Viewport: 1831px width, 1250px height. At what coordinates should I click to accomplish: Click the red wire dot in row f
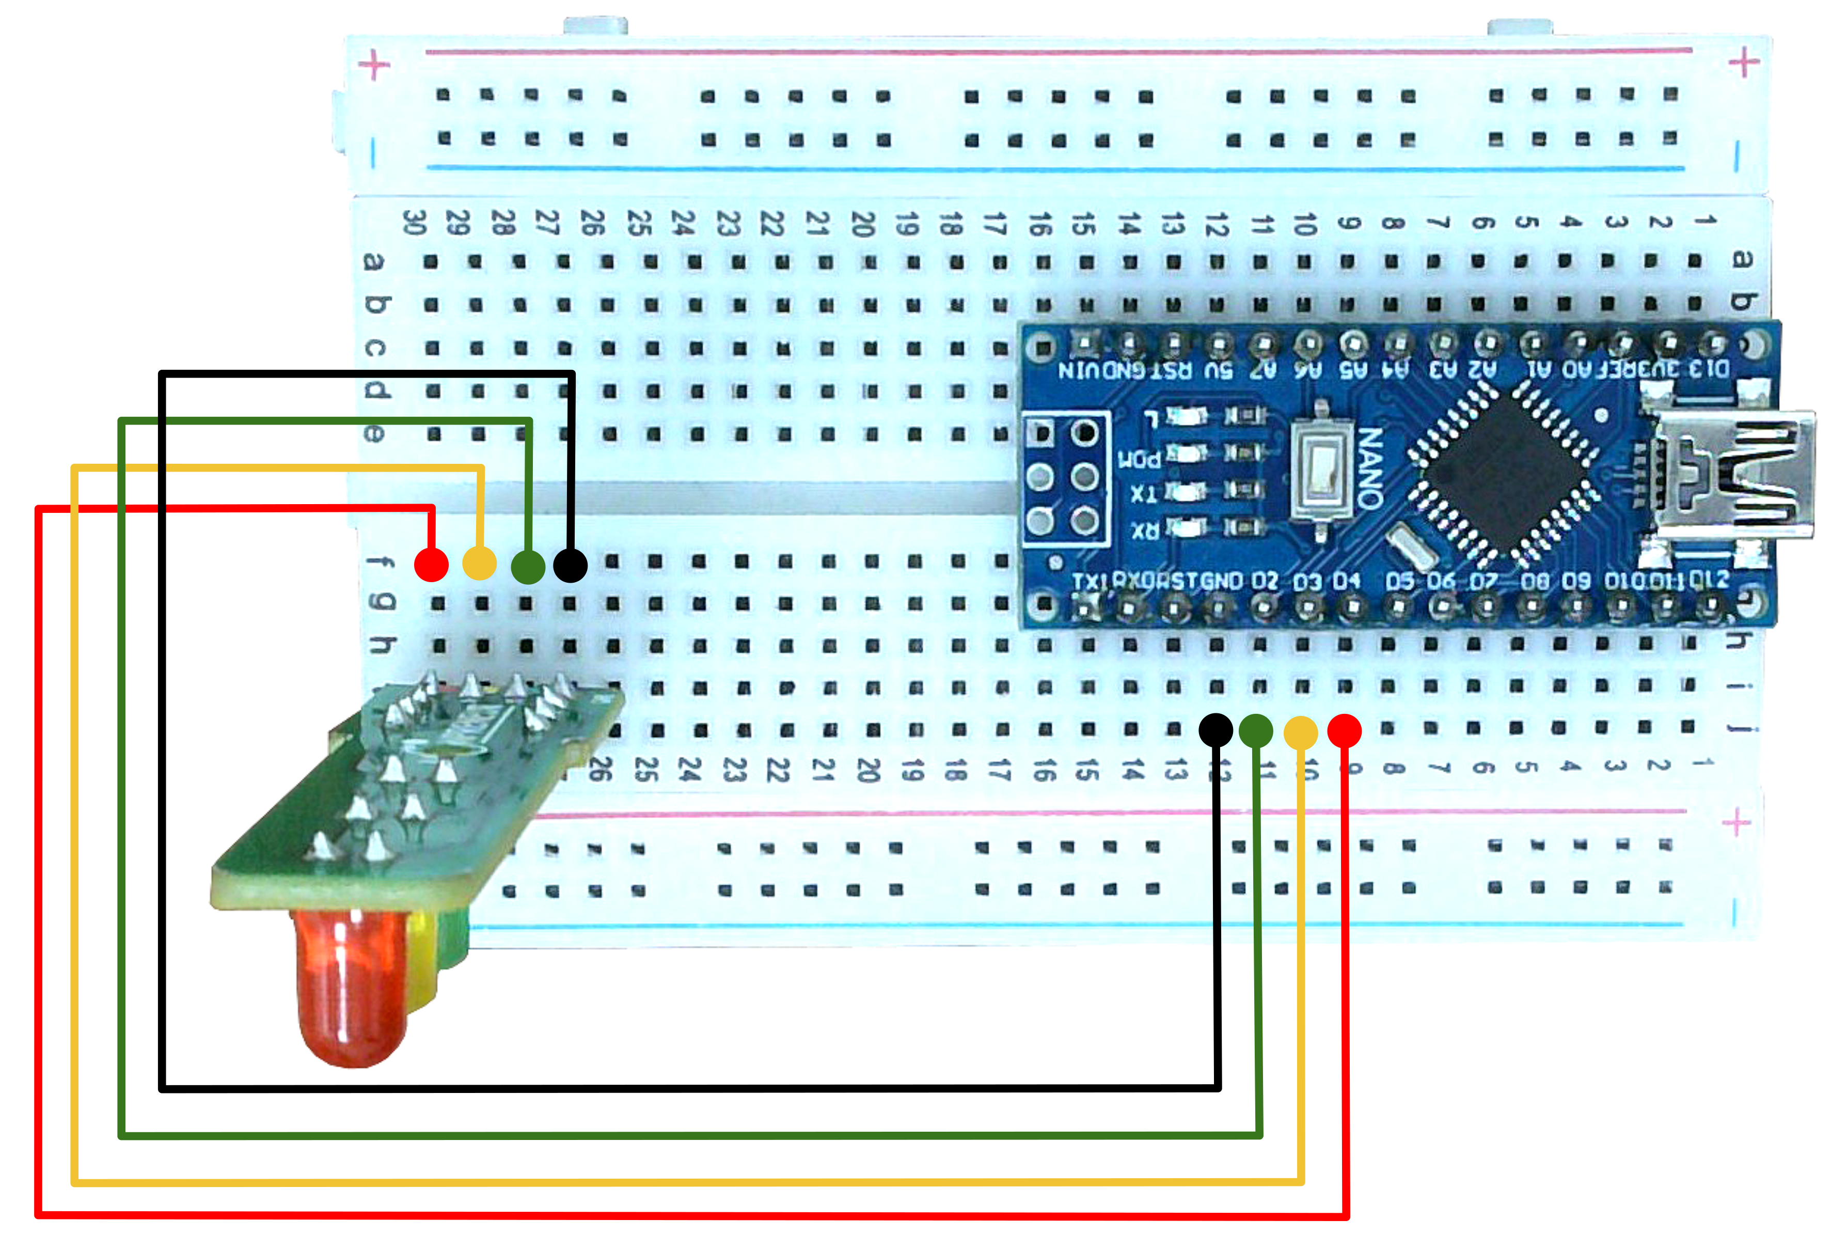tap(431, 565)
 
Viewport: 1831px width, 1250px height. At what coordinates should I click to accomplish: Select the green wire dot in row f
tap(528, 566)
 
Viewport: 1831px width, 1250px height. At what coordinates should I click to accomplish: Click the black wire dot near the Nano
tap(1216, 730)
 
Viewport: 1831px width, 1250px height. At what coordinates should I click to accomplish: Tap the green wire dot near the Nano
tap(1256, 730)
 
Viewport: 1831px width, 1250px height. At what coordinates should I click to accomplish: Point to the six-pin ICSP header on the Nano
tap(1064, 477)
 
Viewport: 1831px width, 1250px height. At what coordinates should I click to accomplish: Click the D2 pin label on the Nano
tap(1265, 582)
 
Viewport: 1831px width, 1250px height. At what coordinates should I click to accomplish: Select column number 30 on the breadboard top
tap(415, 223)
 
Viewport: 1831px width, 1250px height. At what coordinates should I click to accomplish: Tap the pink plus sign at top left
tap(374, 65)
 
